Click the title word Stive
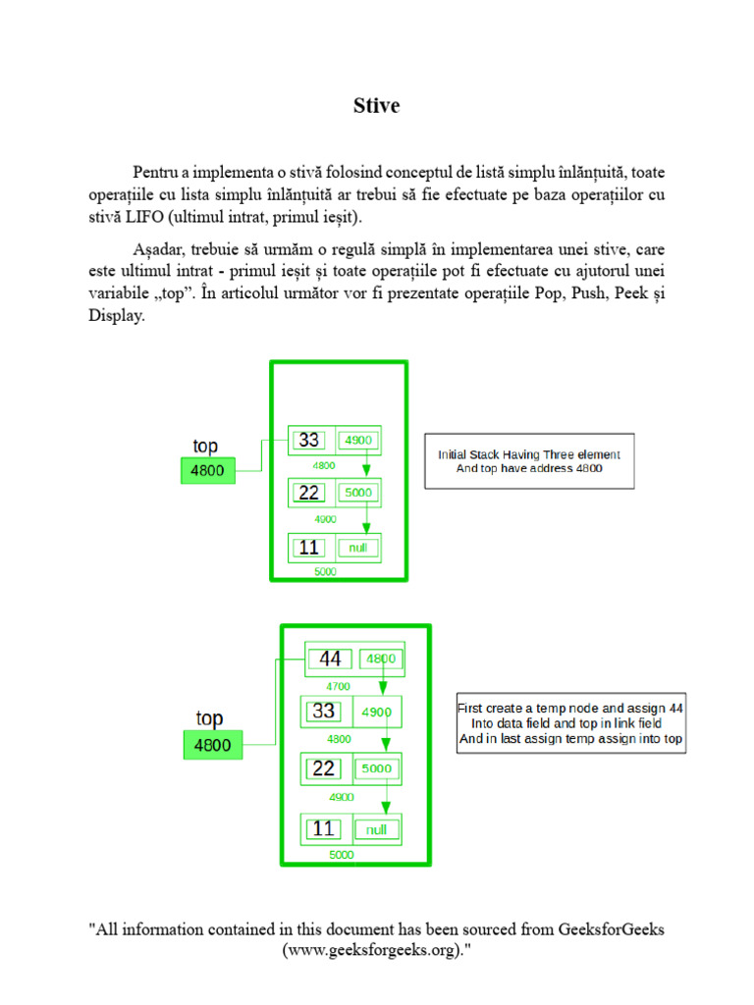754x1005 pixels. pos(376,106)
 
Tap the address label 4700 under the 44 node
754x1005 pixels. pos(339,687)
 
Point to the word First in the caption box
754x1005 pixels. pos(474,708)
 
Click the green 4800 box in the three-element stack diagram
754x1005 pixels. pos(207,471)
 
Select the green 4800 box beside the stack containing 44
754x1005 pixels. pos(212,745)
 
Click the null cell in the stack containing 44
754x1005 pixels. pos(376,829)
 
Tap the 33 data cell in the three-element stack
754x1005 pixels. pos(309,441)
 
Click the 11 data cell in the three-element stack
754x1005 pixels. pos(309,548)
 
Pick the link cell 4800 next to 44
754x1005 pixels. pos(382,660)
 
